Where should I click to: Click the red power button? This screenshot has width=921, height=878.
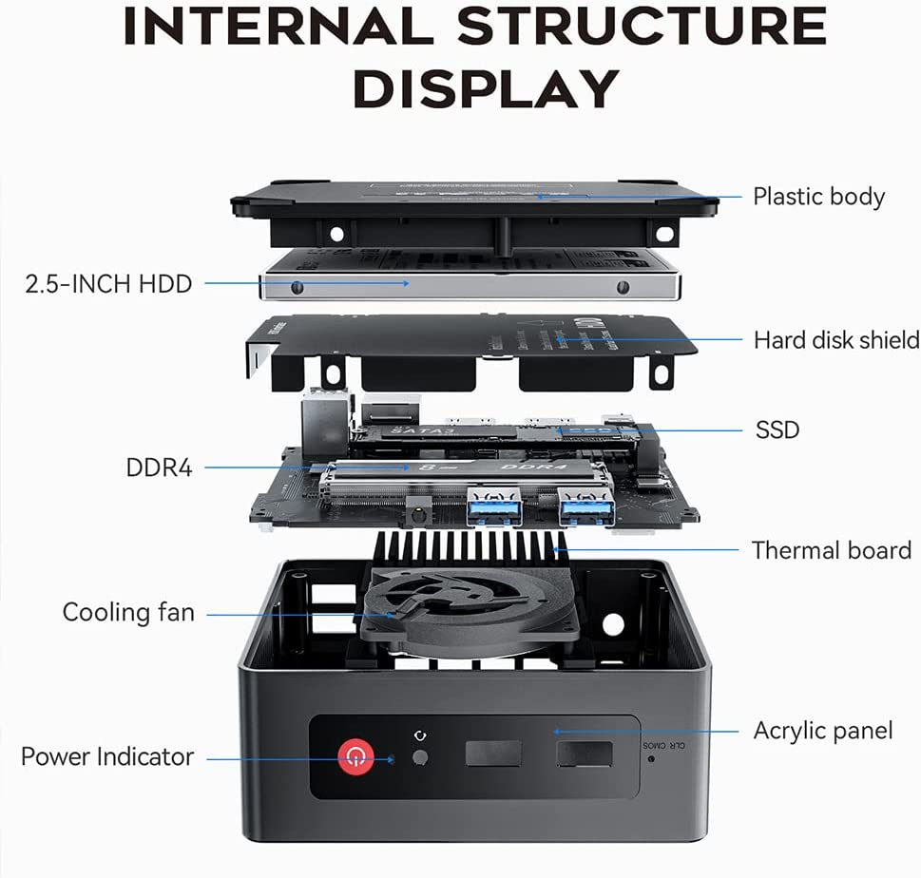pos(355,756)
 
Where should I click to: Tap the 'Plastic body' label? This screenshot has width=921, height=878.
pos(818,197)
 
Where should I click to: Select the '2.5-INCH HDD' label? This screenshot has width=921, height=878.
pos(108,282)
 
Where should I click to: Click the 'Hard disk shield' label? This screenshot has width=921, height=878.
pos(836,339)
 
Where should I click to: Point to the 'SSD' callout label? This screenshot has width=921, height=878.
pos(777,429)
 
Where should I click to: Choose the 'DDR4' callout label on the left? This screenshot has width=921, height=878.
pos(159,468)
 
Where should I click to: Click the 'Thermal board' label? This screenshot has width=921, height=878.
pos(831,550)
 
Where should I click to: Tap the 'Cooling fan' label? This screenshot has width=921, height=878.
pos(128,613)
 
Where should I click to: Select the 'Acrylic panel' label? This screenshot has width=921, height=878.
pos(823,731)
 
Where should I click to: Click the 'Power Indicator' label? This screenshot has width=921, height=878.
pos(107,757)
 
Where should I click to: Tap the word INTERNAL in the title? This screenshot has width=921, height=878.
pos(277,28)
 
